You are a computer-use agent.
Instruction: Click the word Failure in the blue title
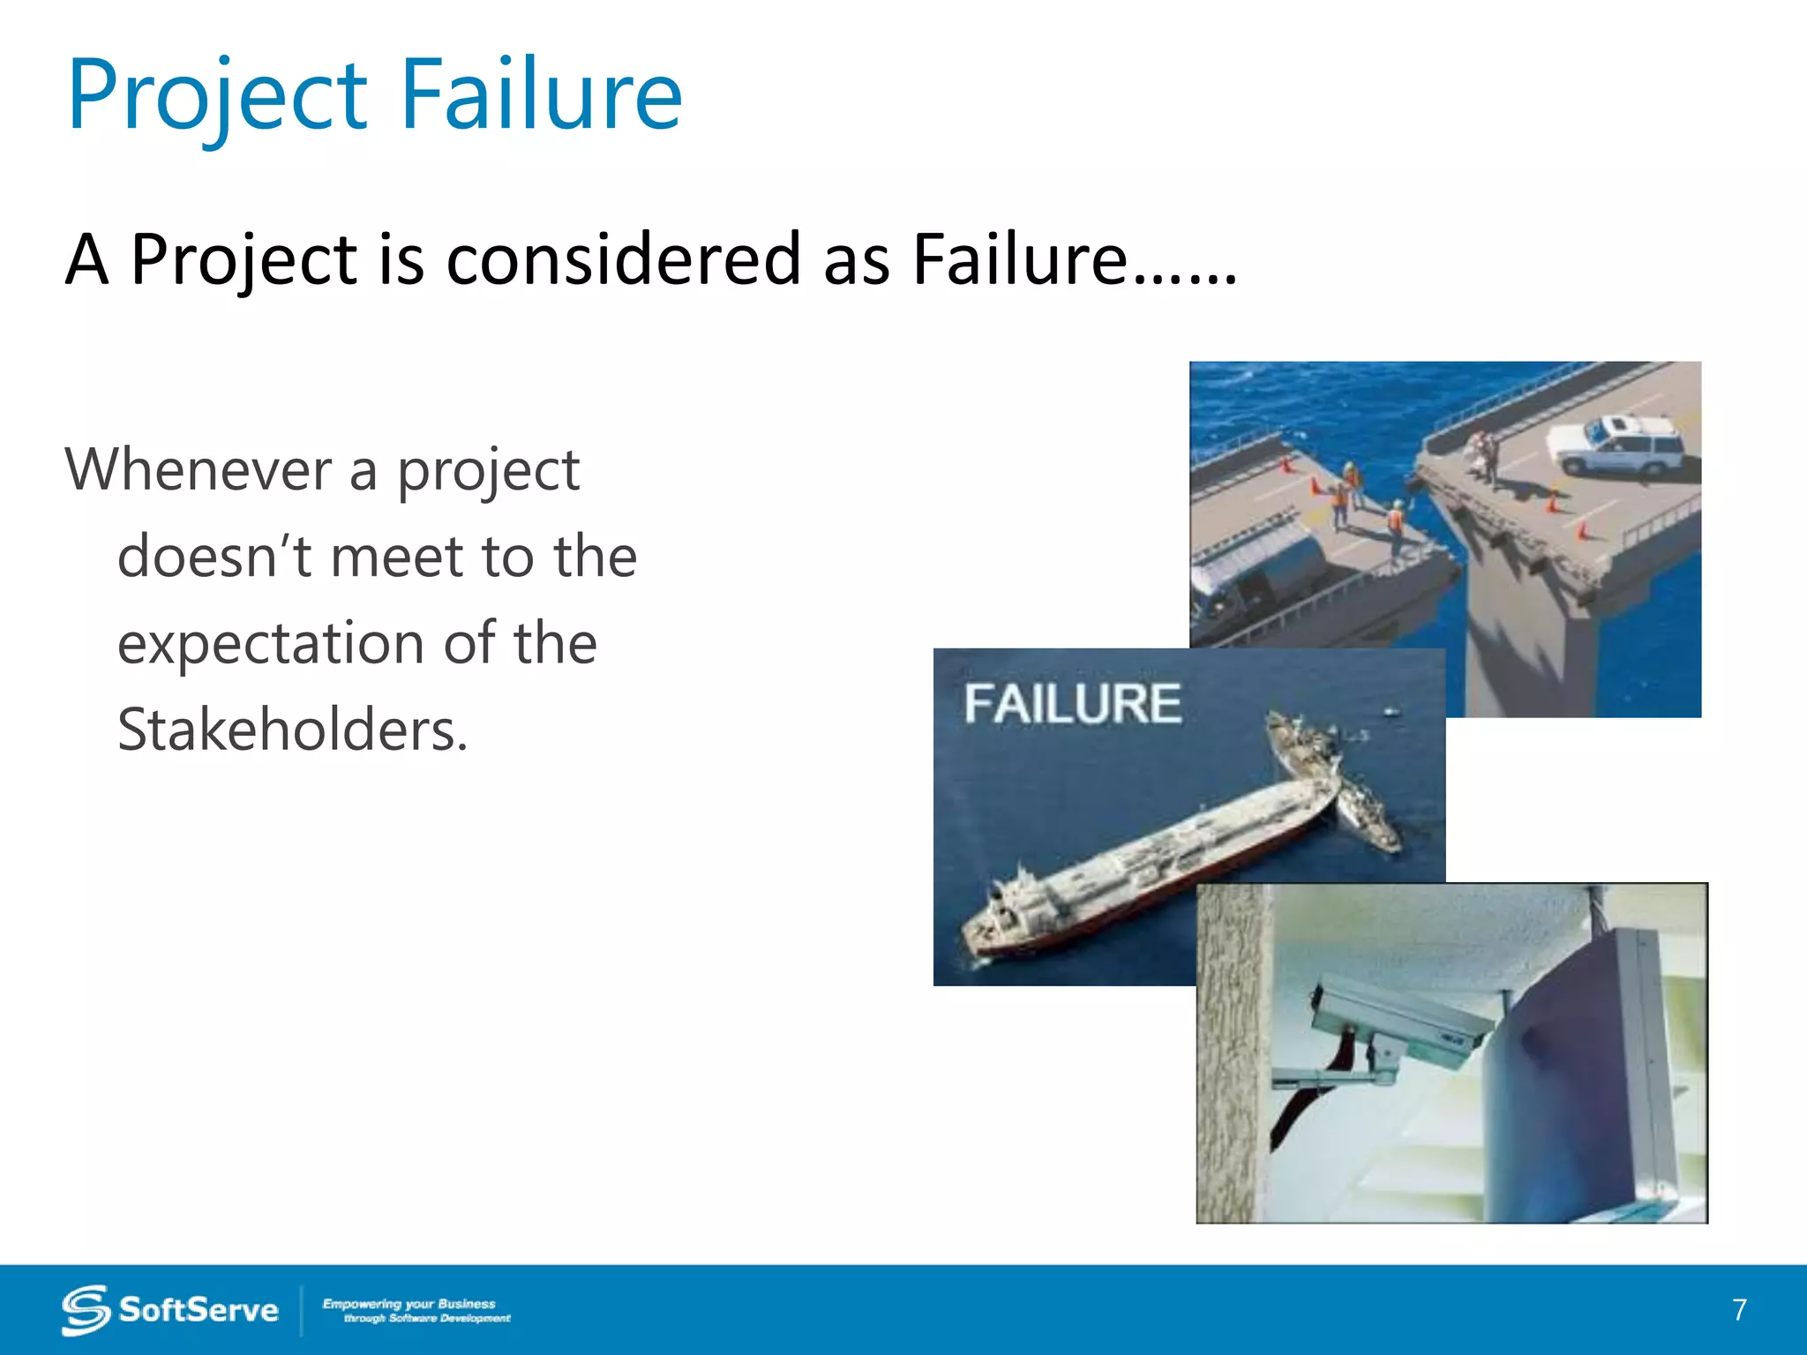[542, 95]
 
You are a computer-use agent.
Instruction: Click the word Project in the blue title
[217, 95]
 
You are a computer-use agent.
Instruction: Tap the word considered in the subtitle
[623, 259]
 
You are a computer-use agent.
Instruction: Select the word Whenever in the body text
[199, 469]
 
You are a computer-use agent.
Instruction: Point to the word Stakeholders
[292, 730]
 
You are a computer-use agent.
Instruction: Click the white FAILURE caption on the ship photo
[1072, 704]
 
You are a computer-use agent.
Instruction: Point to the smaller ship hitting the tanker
[1363, 807]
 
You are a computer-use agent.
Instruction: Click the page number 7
[1739, 1309]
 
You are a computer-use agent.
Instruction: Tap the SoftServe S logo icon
[86, 1310]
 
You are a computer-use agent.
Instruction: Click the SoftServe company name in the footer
[199, 1310]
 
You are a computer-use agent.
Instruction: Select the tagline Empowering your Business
[409, 1303]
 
